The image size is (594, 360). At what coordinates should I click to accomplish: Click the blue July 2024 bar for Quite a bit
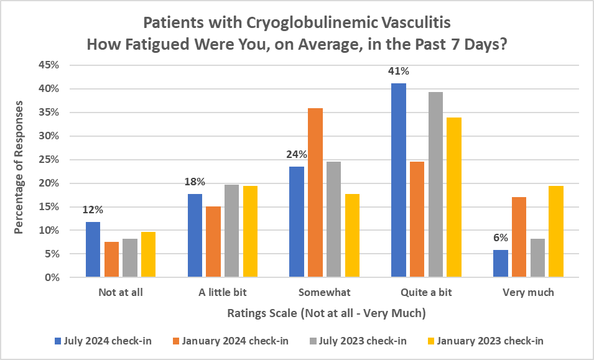398,180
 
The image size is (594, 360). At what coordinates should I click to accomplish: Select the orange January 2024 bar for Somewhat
315,193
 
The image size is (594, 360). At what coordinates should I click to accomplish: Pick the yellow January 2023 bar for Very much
555,232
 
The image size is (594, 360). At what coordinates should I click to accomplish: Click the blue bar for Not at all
93,249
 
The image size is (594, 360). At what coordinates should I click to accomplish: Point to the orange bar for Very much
519,237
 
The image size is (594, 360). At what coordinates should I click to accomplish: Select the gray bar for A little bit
232,231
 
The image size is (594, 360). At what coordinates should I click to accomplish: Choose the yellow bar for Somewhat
352,236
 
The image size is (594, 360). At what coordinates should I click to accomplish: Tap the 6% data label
501,237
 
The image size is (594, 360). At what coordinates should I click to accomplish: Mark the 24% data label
297,154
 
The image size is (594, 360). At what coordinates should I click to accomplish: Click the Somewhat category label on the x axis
324,292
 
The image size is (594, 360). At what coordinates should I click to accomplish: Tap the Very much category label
528,292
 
